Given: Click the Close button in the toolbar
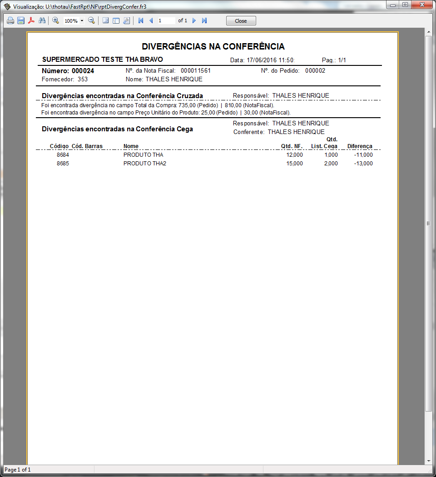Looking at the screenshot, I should (241, 21).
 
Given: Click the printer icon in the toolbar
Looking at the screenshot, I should (10, 21).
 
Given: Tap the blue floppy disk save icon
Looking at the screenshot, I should (21, 21).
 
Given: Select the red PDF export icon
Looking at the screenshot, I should (31, 21).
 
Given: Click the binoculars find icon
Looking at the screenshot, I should (42, 21).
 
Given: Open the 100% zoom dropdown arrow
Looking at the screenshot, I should (82, 21).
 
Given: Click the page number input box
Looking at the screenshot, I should (166, 21).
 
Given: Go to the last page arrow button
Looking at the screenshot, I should (204, 21).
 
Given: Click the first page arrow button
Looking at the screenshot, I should (141, 21).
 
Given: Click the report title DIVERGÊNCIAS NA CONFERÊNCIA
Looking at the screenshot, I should (213, 47).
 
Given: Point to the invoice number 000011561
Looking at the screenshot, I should (196, 71).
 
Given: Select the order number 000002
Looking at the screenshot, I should (315, 71).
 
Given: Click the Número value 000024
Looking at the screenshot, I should (83, 71).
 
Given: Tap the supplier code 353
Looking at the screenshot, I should (83, 79).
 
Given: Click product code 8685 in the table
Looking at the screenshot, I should (63, 164).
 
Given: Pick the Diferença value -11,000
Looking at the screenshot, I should (363, 155).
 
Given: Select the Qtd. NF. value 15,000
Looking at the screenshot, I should (294, 164).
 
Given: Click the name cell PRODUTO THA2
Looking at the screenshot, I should (145, 164).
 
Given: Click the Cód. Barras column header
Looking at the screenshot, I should (87, 146).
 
